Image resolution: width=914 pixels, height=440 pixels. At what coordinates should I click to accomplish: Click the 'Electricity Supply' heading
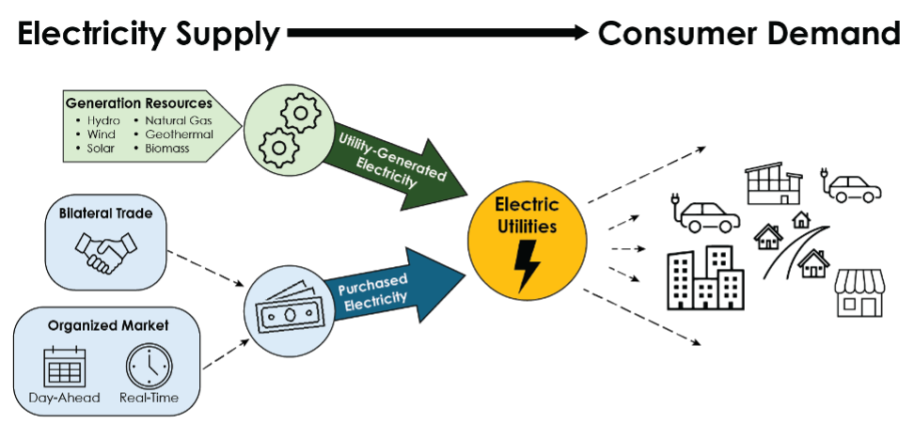149,35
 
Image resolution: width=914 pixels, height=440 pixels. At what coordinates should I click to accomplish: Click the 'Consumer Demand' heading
749,35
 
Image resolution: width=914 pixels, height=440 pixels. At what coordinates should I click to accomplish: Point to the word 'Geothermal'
179,134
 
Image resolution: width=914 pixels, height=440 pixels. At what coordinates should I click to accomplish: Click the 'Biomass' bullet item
167,149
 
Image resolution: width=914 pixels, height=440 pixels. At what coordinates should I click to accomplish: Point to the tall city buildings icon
703,277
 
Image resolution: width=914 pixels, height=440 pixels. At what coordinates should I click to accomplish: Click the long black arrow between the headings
438,34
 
